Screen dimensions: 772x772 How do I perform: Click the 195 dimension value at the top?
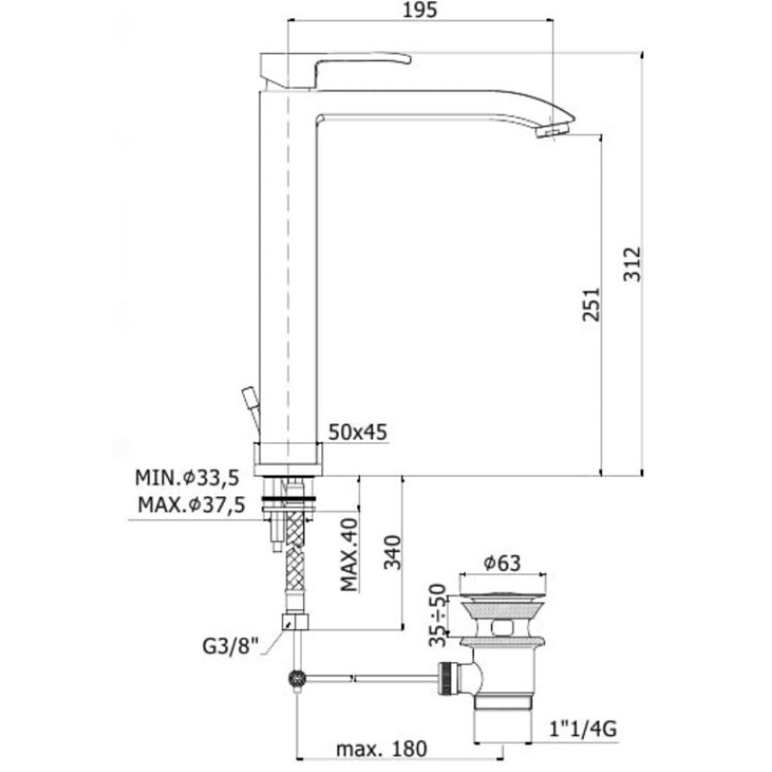[x=420, y=11]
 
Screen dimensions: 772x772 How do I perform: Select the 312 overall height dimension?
[x=633, y=264]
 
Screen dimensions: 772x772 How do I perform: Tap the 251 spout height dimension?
[x=592, y=305]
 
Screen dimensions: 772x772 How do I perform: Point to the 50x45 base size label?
[x=358, y=432]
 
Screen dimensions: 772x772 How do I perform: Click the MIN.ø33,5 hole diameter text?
[x=187, y=478]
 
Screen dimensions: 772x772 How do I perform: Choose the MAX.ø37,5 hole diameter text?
[x=191, y=505]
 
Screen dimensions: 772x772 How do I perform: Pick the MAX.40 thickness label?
[x=349, y=554]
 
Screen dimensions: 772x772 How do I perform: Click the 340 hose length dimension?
[x=393, y=552]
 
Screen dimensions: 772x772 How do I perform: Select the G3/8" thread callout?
[x=231, y=646]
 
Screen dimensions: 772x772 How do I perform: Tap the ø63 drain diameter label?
[x=502, y=563]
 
